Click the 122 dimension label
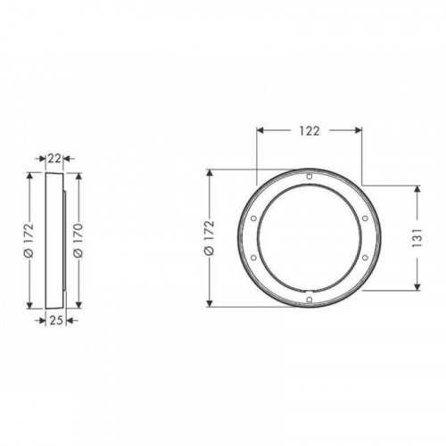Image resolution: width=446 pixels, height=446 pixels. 310,131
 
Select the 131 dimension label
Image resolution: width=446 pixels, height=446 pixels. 417,238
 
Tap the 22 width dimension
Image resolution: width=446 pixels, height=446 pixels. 54,159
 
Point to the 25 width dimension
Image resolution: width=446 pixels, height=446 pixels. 56,320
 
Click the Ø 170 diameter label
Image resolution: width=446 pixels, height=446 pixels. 78,240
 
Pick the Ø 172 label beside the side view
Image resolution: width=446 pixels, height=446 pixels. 29,240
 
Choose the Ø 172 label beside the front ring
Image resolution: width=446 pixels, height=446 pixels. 210,238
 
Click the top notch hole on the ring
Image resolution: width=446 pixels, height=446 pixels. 310,177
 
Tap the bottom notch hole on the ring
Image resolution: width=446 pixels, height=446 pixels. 310,300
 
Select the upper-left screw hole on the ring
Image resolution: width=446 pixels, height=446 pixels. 253,219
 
